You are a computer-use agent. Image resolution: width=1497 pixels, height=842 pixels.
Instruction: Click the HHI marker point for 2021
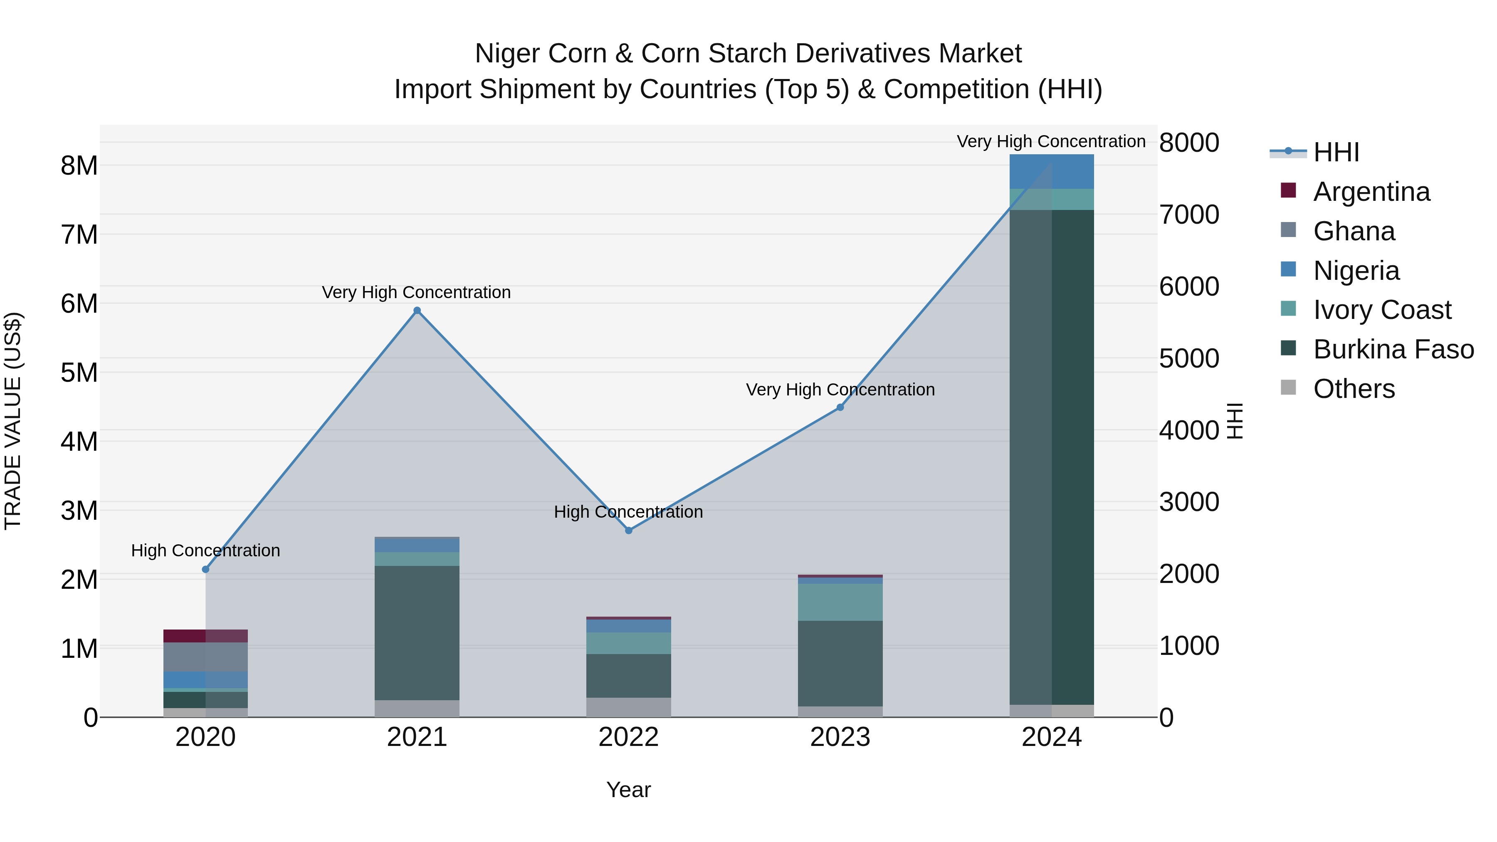coord(417,310)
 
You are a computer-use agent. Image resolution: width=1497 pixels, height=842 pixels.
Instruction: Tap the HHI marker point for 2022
coord(628,530)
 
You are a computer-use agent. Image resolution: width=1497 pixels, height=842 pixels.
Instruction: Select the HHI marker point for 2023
coord(840,407)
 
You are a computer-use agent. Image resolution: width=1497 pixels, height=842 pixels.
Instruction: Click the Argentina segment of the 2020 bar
coord(205,636)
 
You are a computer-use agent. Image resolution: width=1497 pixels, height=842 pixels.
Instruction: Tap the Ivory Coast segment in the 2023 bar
coord(840,602)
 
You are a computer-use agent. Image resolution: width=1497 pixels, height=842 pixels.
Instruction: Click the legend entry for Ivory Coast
coord(1382,310)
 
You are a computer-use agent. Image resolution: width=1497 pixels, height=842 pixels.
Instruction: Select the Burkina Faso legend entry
coord(1393,349)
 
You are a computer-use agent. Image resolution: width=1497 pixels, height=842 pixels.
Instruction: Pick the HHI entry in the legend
coord(1335,152)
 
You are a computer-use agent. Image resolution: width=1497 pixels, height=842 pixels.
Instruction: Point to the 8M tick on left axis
coord(79,165)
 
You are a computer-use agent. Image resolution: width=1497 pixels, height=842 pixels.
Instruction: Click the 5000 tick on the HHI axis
coord(1188,358)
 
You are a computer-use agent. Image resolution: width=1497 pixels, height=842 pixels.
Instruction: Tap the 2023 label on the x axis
coord(840,737)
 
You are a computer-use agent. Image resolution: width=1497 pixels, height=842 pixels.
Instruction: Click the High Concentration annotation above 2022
coord(628,511)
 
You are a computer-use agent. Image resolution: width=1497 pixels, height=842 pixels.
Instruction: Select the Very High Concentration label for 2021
coord(416,292)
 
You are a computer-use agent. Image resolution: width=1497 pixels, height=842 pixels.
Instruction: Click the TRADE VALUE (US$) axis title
coord(13,421)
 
